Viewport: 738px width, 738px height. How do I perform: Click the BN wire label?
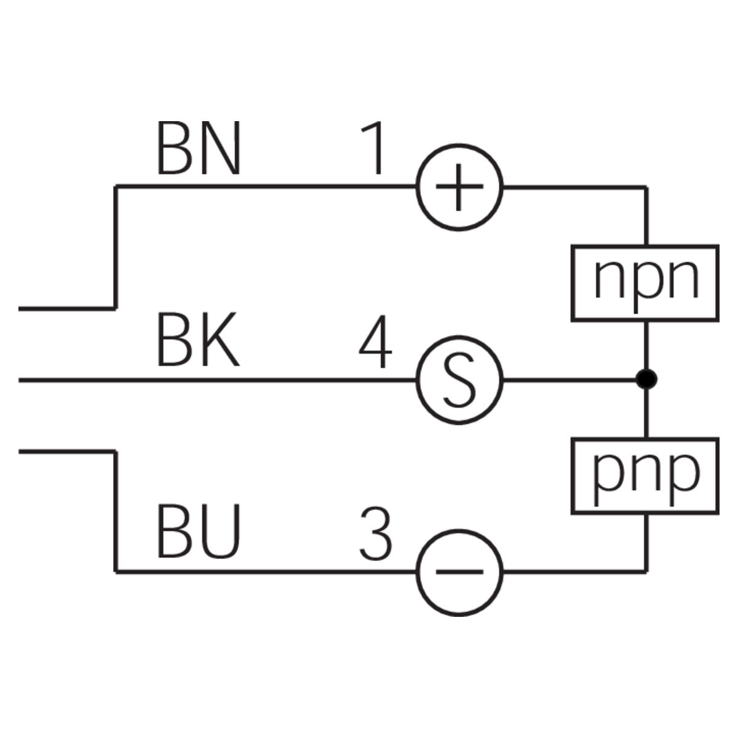(198, 149)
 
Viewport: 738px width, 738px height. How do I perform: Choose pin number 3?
(375, 533)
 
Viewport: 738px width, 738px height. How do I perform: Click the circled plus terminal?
(459, 187)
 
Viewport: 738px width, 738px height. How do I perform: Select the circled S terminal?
(459, 381)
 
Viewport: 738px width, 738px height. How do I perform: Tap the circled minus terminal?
(459, 572)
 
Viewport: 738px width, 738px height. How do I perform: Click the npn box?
(645, 283)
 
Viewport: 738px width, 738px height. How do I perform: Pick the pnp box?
(645, 475)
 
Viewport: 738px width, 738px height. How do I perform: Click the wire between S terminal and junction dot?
(569, 380)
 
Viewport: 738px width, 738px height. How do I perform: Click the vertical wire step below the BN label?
(115, 246)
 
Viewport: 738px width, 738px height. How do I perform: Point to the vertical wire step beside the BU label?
(115, 510)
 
